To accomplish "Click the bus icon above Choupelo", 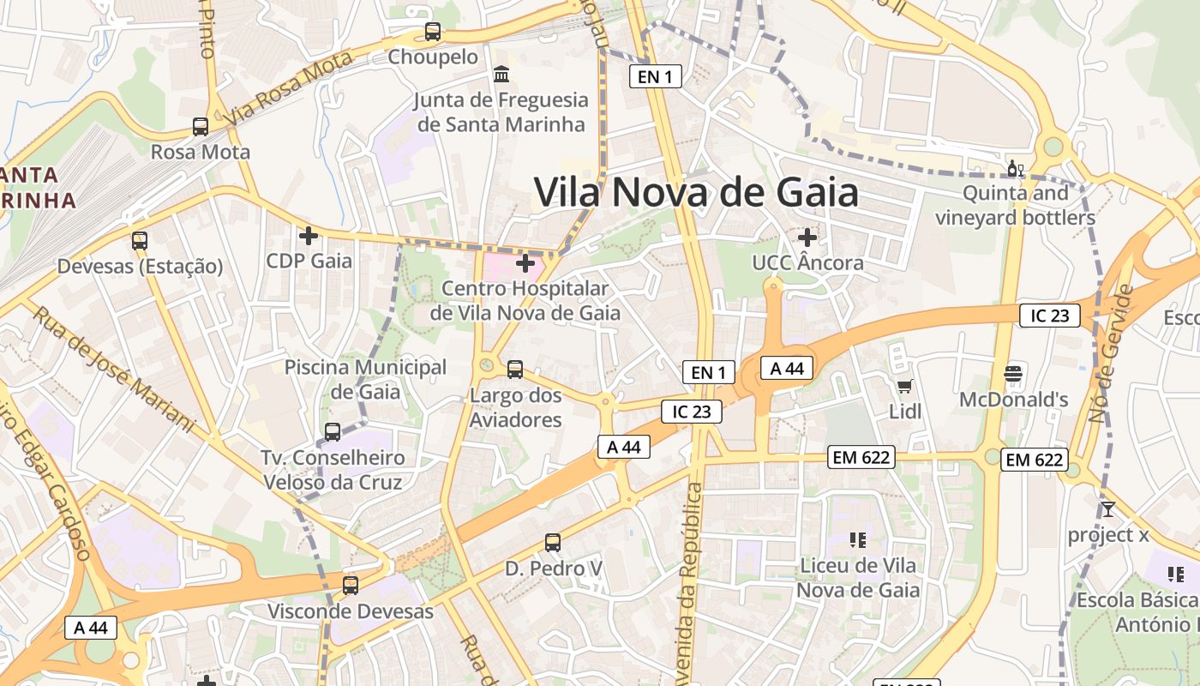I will click(x=433, y=33).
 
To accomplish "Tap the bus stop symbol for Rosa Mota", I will click(x=201, y=127).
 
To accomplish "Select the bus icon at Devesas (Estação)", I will click(x=140, y=241).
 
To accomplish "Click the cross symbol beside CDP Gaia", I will click(x=309, y=235).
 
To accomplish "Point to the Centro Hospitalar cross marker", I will click(x=525, y=263).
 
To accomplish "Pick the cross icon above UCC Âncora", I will click(x=807, y=238).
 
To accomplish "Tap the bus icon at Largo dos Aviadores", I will click(x=515, y=370).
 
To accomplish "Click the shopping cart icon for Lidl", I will click(x=904, y=387).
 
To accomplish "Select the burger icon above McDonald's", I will click(x=1013, y=374).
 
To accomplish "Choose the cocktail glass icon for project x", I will click(x=1108, y=509).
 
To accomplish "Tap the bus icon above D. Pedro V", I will click(x=553, y=543).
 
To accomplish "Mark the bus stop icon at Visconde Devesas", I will click(x=351, y=587).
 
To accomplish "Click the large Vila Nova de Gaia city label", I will click(x=696, y=193).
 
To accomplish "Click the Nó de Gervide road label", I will click(x=1110, y=353).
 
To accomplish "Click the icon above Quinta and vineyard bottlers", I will click(x=1015, y=168).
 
